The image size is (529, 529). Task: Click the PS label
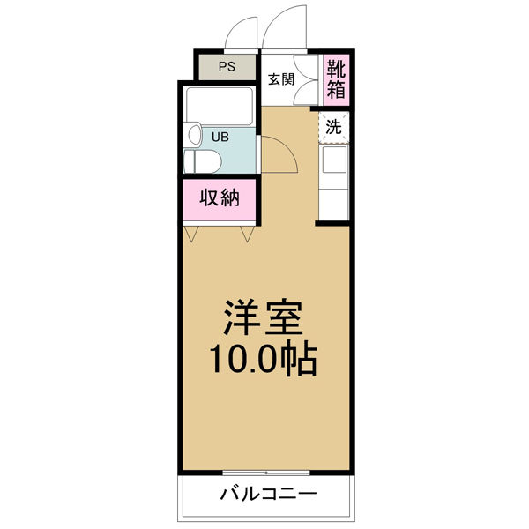point(227,65)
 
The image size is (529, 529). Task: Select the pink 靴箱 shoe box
point(336,78)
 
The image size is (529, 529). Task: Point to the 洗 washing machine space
point(333,126)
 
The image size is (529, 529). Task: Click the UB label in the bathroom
point(218,137)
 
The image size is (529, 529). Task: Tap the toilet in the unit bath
point(197,161)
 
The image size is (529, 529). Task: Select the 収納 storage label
point(220,197)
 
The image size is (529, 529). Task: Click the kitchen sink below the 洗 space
point(335,160)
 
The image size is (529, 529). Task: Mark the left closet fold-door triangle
point(193,234)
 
